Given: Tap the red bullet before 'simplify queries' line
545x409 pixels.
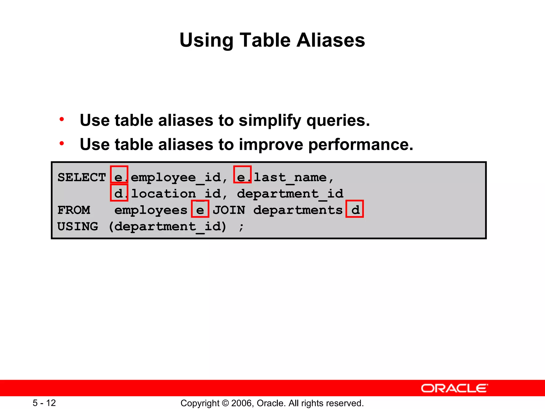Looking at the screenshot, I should pyautogui.click(x=62, y=119).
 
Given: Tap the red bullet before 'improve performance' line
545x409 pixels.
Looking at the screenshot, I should pyautogui.click(x=62, y=144).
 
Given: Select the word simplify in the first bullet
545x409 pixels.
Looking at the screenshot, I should pyautogui.click(x=270, y=121).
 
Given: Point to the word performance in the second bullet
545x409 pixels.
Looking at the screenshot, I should pyautogui.click(x=361, y=145).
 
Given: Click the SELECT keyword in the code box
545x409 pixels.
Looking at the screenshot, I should pyautogui.click(x=81, y=177).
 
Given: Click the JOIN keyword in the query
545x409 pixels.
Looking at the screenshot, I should pyautogui.click(x=229, y=210).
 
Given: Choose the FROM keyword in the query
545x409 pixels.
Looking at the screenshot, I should pyautogui.click(x=74, y=210).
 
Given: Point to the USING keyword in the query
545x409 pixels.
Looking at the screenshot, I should pyautogui.click(x=77, y=227).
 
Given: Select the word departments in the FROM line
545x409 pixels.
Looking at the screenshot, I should pyautogui.click(x=298, y=210).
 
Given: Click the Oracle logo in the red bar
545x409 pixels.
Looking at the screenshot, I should pyautogui.click(x=454, y=388).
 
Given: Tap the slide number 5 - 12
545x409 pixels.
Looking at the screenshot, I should pyautogui.click(x=44, y=403).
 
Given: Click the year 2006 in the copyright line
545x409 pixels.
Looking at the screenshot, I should pyautogui.click(x=242, y=403).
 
